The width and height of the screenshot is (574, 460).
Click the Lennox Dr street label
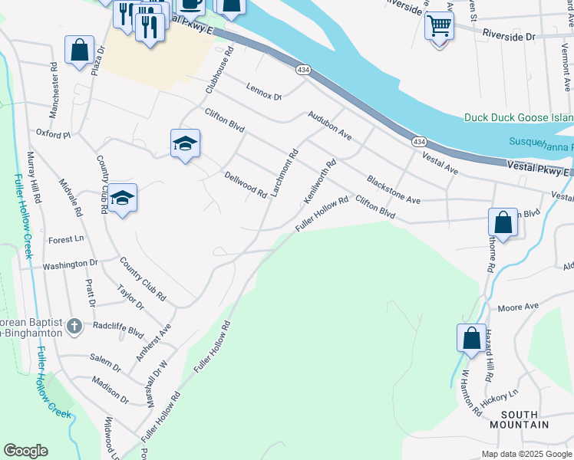pos(264,91)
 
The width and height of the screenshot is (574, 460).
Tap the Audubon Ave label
pos(329,125)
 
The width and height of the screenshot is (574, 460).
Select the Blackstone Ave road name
pos(394,189)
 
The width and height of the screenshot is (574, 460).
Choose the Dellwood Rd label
pos(245,184)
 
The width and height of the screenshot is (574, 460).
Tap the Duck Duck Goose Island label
pos(519,117)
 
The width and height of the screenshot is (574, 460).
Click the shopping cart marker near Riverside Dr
pos(439,26)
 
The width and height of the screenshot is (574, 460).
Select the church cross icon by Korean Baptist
pos(74,327)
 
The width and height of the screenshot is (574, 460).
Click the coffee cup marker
pos(192,4)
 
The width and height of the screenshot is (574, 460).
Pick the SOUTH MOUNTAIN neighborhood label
pos(520,419)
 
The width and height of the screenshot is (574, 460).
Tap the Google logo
pos(25,451)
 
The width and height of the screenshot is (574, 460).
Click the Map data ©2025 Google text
pos(527,454)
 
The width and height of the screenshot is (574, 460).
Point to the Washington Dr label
pos(71,264)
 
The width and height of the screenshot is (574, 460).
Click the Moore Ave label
pos(518,307)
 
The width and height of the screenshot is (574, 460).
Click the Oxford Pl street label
pos(53,133)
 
